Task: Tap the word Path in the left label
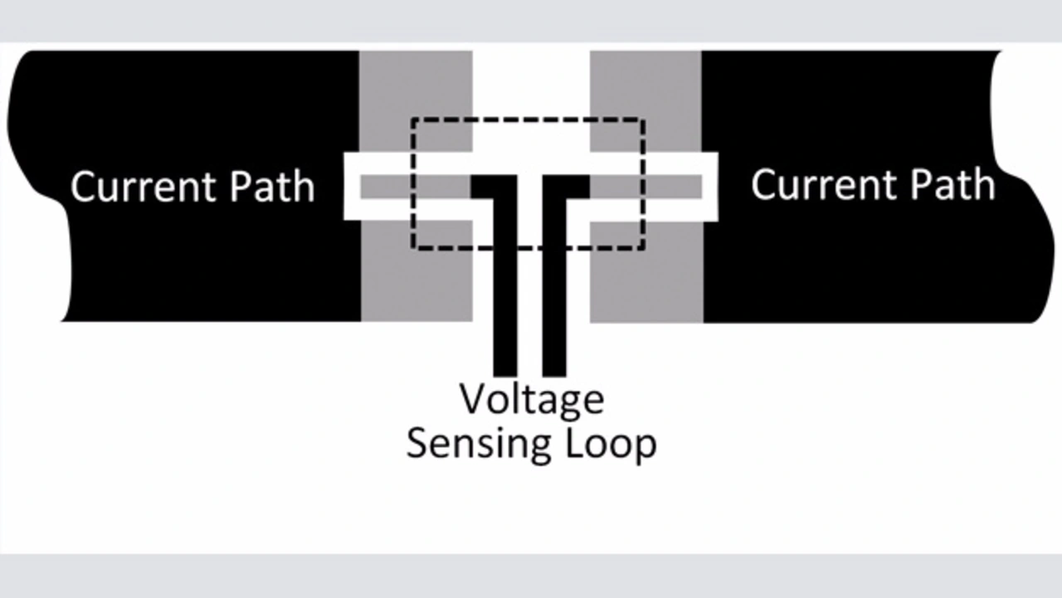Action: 272,187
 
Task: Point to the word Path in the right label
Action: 953,184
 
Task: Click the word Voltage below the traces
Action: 532,401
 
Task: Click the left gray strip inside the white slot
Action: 415,187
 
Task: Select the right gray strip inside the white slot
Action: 646,187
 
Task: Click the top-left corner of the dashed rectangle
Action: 413,119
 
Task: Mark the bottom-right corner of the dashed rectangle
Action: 643,247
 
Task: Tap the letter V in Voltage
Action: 473,399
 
